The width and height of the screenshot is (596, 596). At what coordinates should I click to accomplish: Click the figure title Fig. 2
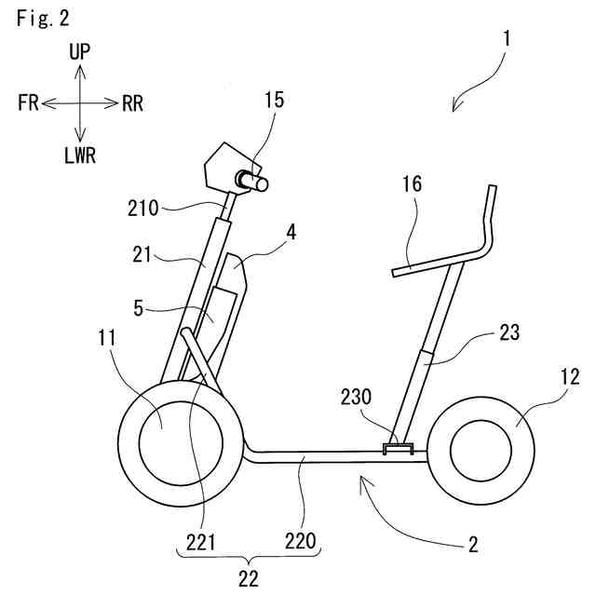[43, 19]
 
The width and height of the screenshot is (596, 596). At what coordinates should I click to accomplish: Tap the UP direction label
[80, 52]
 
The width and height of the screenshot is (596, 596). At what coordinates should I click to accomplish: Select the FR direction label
[27, 103]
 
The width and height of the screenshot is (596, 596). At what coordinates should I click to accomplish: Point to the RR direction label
[131, 103]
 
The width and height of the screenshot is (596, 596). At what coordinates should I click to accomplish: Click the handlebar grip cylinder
[253, 181]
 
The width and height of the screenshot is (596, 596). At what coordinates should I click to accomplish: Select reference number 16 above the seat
[412, 185]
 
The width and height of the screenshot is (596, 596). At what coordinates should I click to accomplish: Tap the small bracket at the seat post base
[398, 450]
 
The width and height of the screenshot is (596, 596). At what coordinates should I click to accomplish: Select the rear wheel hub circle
[482, 450]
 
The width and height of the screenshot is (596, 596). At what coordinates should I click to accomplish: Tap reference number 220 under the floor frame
[301, 539]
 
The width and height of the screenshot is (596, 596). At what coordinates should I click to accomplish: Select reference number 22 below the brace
[248, 578]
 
